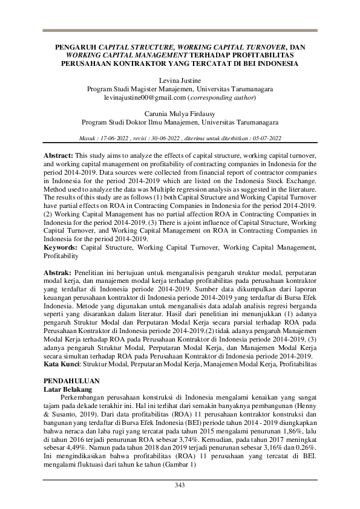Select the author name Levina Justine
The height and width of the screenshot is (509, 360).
click(180, 80)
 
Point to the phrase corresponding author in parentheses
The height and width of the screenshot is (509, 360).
click(221, 97)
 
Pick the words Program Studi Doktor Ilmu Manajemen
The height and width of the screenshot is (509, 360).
click(137, 122)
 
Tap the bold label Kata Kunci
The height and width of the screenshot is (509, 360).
click(64, 366)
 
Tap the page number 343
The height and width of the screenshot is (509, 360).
click(180, 485)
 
